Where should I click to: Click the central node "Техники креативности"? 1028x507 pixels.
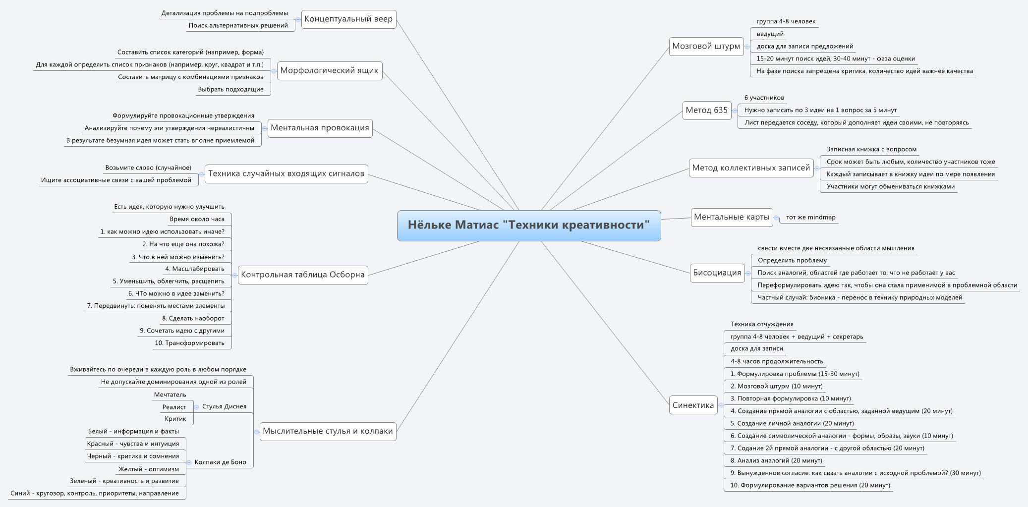coord(528,225)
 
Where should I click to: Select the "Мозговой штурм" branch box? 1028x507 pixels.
coord(706,47)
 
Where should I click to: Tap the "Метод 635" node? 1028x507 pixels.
coord(706,110)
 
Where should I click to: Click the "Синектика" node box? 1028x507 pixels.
coord(693,405)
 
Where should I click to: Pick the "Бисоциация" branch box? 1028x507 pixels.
coord(717,273)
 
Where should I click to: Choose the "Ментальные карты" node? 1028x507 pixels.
coord(732,217)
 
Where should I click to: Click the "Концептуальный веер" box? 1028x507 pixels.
coord(348,19)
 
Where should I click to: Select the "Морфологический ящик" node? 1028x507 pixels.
coord(329,70)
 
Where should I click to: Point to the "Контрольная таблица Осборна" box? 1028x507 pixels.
coord(302,275)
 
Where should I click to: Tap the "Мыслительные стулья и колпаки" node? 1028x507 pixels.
coord(328,431)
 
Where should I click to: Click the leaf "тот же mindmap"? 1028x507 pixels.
coord(810,217)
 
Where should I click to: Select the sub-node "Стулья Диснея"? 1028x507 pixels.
coord(224,406)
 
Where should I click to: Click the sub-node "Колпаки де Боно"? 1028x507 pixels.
coord(220,462)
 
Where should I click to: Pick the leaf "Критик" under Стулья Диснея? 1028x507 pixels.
coord(175,419)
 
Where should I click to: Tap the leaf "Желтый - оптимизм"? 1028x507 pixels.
coord(149,469)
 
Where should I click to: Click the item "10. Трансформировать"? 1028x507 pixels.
coord(189,343)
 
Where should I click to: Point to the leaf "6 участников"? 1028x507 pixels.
coord(764,98)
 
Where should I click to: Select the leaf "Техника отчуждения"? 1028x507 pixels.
coord(762,324)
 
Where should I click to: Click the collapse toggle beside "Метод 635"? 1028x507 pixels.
coord(735,111)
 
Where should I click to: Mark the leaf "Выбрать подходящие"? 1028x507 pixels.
coord(230,90)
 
